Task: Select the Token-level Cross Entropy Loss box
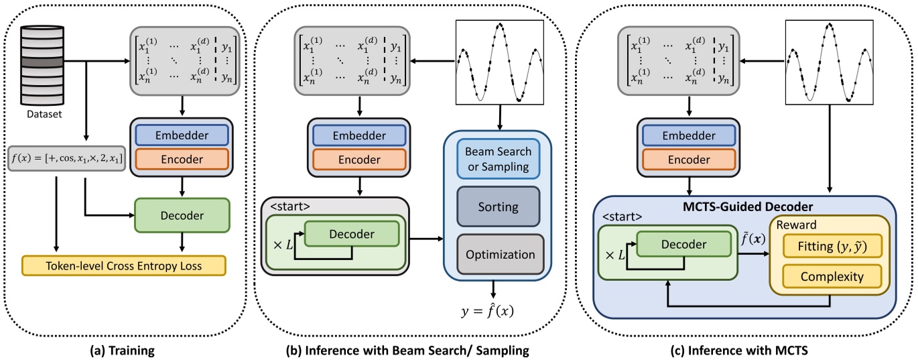[x=124, y=265]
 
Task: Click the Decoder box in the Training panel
[x=182, y=217]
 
